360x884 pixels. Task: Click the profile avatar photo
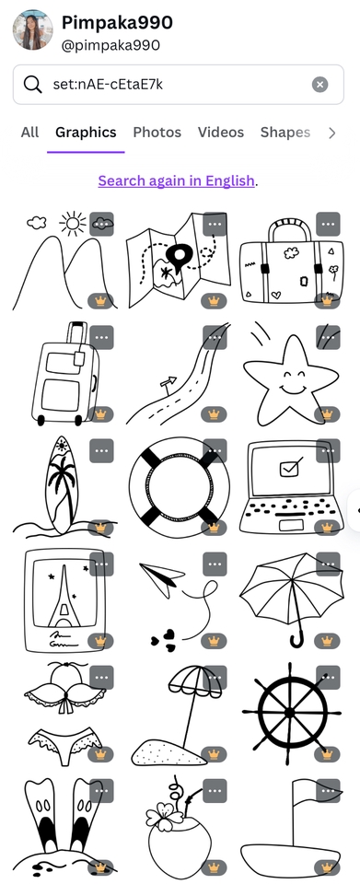click(x=32, y=29)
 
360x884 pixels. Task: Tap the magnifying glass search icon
click(x=32, y=85)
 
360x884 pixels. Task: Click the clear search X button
click(x=319, y=85)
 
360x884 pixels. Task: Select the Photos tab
click(x=157, y=133)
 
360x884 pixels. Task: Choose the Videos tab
click(x=221, y=133)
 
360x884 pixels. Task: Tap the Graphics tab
click(x=86, y=133)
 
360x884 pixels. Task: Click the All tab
click(x=29, y=133)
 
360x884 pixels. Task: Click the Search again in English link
click(x=177, y=181)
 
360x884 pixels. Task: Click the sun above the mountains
click(x=73, y=223)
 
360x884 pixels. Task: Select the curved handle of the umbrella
click(x=296, y=638)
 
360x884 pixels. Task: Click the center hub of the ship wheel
click(x=290, y=713)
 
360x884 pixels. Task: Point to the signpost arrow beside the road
click(x=168, y=381)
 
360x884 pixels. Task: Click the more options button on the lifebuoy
click(x=215, y=450)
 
